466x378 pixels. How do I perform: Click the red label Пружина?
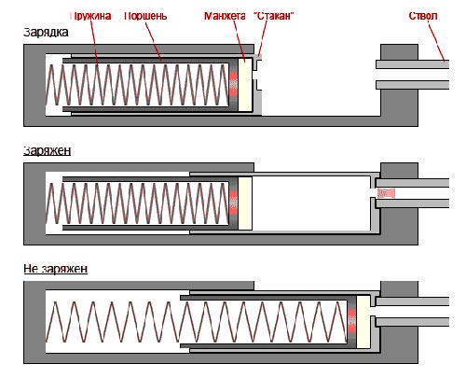pyautogui.click(x=90, y=16)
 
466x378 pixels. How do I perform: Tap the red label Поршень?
pyautogui.click(x=145, y=16)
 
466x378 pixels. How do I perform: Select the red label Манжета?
pyautogui.click(x=225, y=16)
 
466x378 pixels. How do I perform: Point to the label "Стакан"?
pyautogui.click(x=274, y=16)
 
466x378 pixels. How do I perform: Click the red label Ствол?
pyautogui.click(x=423, y=16)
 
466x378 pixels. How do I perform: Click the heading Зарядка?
pyautogui.click(x=46, y=32)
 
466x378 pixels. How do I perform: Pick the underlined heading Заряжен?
pyautogui.click(x=48, y=150)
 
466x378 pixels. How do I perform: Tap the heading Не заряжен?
pyautogui.click(x=56, y=269)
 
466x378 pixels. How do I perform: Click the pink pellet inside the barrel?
pyautogui.click(x=386, y=193)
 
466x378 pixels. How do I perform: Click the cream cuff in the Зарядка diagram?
pyautogui.click(x=245, y=85)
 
